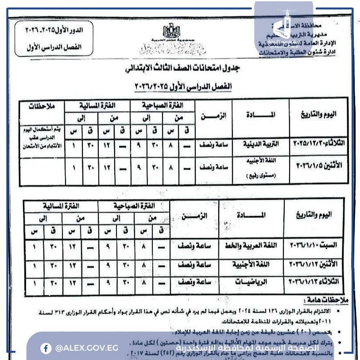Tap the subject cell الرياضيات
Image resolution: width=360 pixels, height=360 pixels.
251,282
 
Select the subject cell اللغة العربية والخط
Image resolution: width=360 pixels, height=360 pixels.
251,245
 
